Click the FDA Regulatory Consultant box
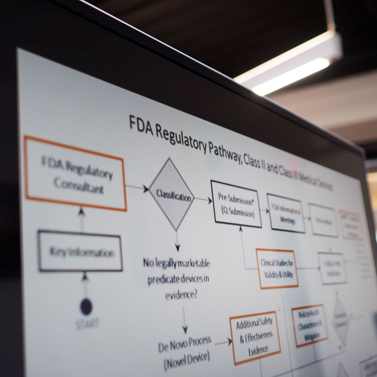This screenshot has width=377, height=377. click(x=76, y=174)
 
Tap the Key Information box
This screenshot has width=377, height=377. click(x=80, y=251)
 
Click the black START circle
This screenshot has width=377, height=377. click(x=86, y=306)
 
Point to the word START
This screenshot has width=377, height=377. click(x=87, y=324)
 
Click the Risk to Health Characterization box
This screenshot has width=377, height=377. click(x=310, y=326)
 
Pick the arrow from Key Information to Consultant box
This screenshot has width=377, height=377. click(x=82, y=219)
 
